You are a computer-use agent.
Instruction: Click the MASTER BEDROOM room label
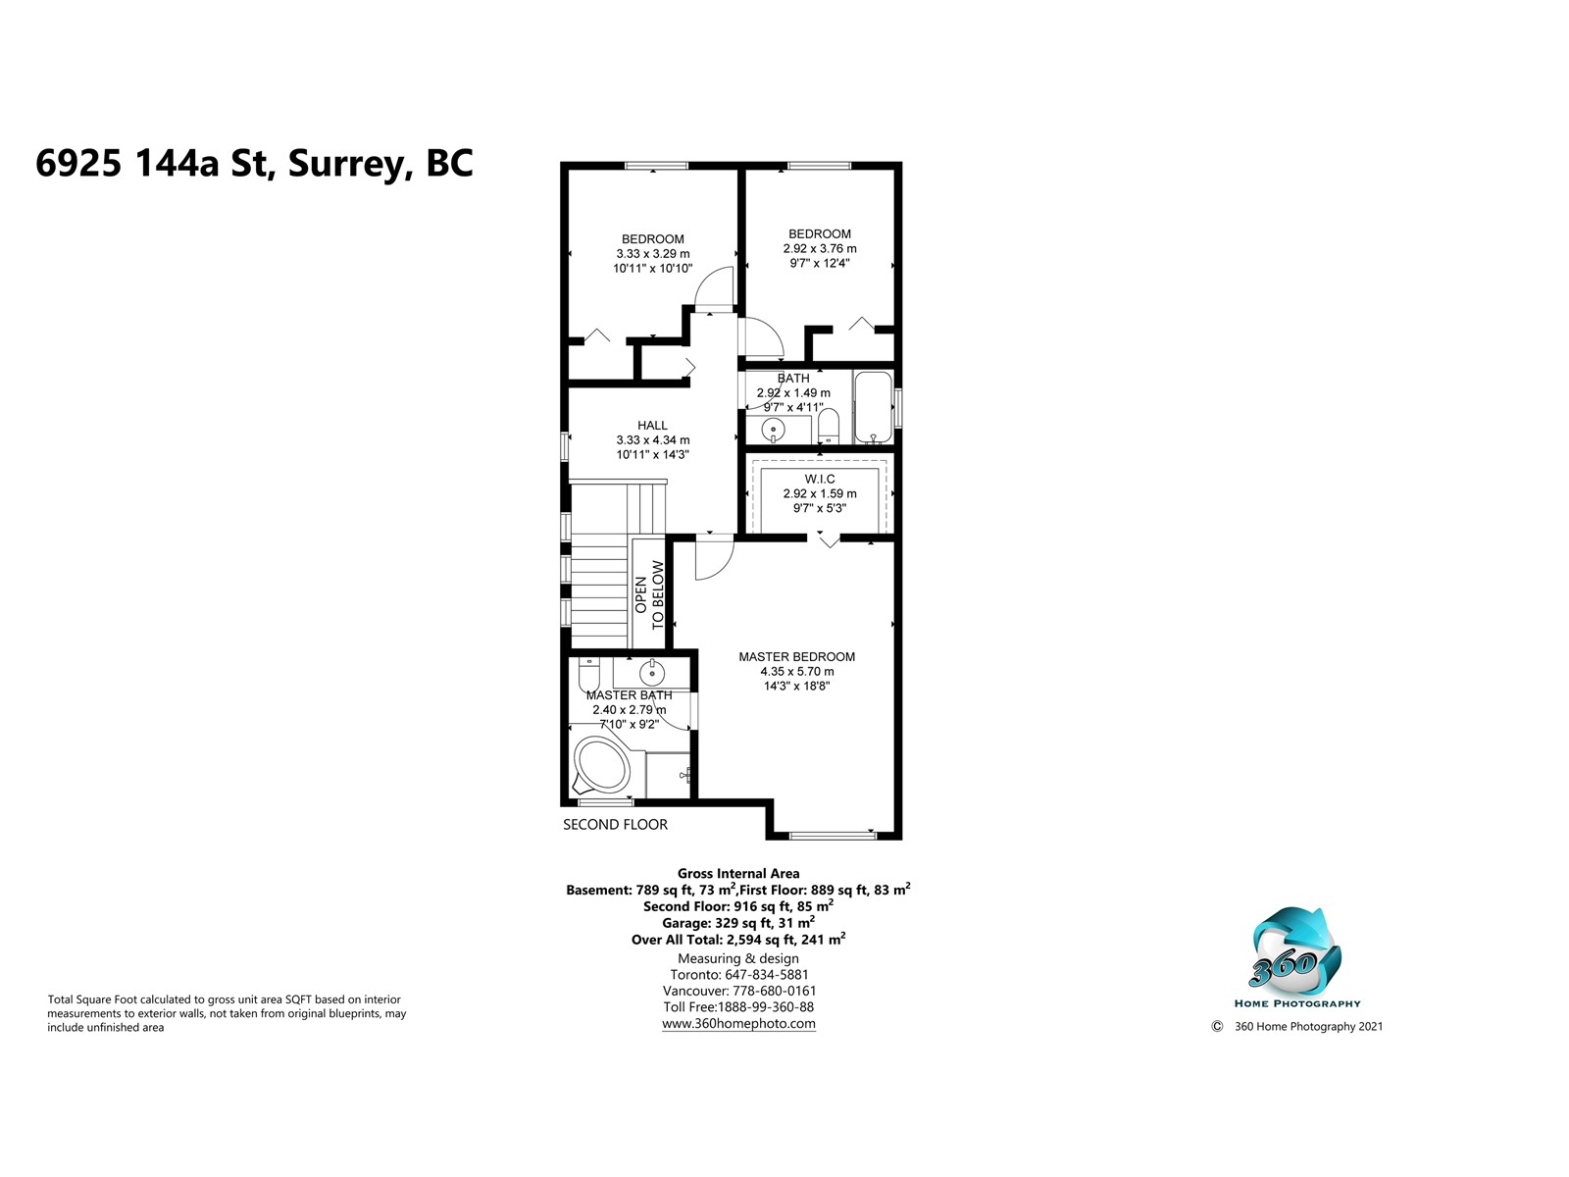tap(796, 657)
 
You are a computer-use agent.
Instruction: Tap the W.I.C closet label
tap(819, 479)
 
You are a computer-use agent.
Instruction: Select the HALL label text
tap(652, 426)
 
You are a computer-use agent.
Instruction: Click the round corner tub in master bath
tap(602, 766)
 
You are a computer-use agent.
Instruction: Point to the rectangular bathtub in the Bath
tap(873, 407)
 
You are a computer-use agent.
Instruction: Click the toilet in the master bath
tap(589, 673)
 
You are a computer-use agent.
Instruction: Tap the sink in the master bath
tap(652, 671)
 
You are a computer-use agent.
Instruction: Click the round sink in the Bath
tap(773, 430)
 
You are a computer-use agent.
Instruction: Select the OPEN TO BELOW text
tap(649, 594)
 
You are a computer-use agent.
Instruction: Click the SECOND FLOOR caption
tap(615, 824)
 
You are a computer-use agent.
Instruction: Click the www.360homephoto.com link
tap(738, 1023)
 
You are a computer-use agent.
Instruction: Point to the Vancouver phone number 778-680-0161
tap(773, 991)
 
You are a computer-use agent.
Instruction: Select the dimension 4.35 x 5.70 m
tap(797, 671)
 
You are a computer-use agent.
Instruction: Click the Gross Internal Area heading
tap(738, 873)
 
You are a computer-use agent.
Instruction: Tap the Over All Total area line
tap(738, 939)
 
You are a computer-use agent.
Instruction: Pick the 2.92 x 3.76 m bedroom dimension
tap(820, 249)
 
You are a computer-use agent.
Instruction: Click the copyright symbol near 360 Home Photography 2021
tap(1217, 1026)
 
